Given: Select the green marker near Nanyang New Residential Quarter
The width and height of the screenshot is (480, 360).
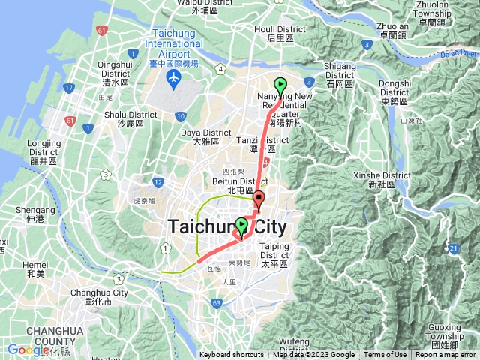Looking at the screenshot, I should [280, 85].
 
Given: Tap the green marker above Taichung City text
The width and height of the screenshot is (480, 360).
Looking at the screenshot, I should [241, 225].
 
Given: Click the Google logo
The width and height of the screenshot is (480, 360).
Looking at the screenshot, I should [28, 350].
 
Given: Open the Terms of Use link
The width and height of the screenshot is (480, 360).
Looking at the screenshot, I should [385, 355].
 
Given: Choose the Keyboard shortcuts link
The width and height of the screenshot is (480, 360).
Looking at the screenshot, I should [231, 355].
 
